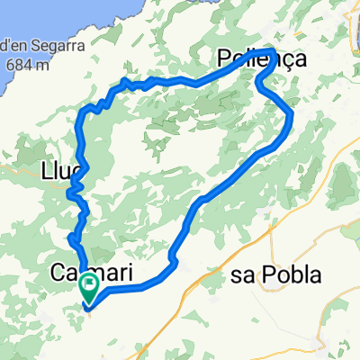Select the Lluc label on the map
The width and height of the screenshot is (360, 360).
[x=62, y=170]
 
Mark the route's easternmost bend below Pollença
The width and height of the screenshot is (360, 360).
[x=291, y=112]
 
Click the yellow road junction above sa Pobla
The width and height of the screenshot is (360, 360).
[x=272, y=229]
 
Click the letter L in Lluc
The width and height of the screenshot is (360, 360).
[x=47, y=170]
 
